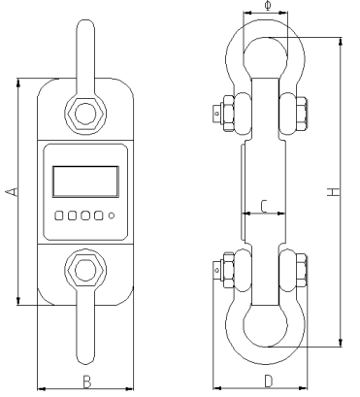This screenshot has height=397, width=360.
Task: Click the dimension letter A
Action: [13, 191]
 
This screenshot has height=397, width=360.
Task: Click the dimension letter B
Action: [86, 381]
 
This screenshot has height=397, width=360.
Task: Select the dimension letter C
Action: [264, 207]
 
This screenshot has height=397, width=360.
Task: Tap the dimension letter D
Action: [268, 381]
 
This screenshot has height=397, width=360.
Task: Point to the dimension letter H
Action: [334, 191]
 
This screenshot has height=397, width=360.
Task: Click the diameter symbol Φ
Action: [268, 6]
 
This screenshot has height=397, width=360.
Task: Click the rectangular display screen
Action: [85, 182]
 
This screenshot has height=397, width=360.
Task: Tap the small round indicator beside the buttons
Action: [112, 215]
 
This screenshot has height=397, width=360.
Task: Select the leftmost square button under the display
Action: [59, 215]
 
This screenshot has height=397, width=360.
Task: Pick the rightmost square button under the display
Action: [99, 215]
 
